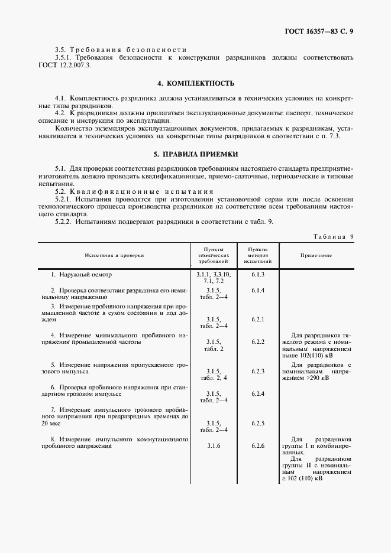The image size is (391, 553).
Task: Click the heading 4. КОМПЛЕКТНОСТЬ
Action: point(196,83)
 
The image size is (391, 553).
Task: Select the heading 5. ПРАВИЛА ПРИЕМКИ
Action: point(196,154)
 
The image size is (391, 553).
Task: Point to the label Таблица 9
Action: point(334,236)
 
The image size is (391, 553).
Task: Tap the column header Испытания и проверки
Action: point(114,255)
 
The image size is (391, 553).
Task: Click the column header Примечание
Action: point(315,255)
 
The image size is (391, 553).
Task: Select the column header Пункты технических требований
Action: point(212,255)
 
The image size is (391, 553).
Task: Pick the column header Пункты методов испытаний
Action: point(257,255)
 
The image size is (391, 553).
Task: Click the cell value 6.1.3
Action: point(257,275)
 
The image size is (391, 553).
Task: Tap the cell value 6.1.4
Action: point(257,291)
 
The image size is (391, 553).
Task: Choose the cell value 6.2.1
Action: point(257,319)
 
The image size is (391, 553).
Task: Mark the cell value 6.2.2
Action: point(257,342)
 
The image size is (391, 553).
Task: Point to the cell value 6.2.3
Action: point(257,370)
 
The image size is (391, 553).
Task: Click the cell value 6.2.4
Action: point(257,393)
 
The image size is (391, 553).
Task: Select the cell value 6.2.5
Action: point(257,423)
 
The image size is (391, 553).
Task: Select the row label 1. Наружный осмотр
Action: point(80,275)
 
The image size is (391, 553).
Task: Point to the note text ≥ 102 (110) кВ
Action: point(302,479)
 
